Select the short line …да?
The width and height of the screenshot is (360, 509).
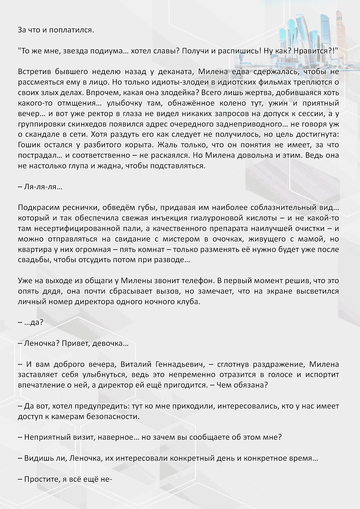[x=31, y=322]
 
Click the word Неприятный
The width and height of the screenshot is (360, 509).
[x=48, y=437]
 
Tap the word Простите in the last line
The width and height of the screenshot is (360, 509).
[x=42, y=479]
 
